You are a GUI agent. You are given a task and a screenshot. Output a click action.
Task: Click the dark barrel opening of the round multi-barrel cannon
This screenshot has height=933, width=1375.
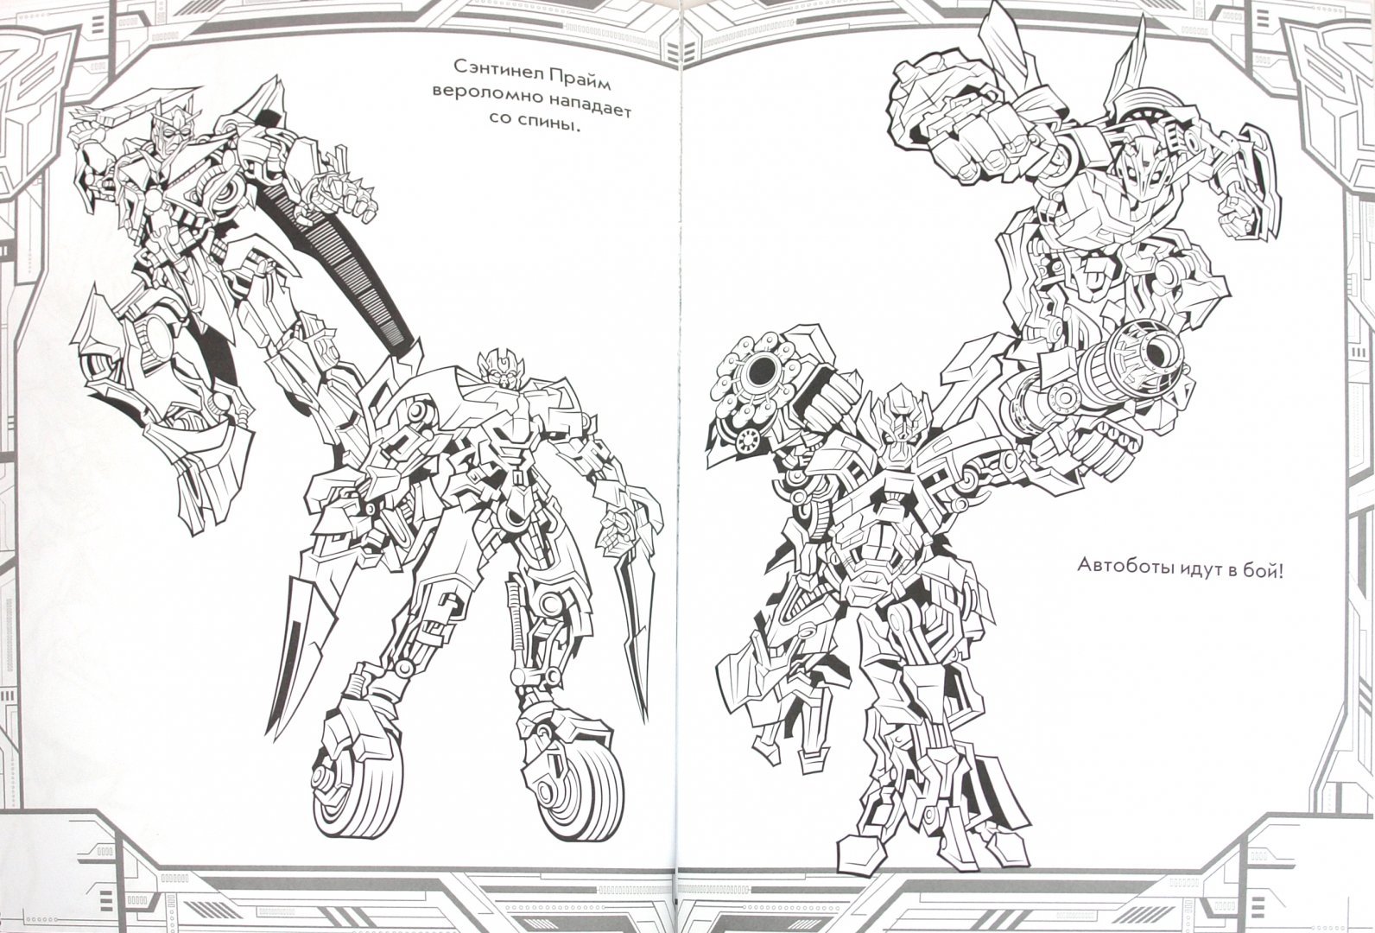[760, 368]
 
